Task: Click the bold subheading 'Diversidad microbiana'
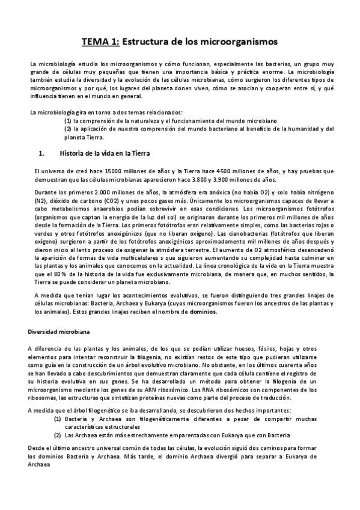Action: (x=59, y=331)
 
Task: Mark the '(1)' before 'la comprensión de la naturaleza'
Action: (x=67, y=121)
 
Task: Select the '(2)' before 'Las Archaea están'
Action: (x=58, y=434)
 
